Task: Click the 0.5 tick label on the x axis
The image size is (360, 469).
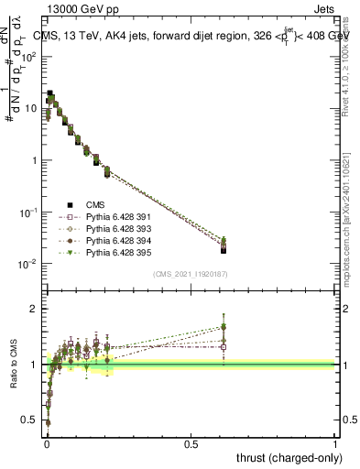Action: coord(191,443)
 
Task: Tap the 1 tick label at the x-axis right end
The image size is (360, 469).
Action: coord(336,443)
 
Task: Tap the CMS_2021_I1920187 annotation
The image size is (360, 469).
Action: coord(191,274)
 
